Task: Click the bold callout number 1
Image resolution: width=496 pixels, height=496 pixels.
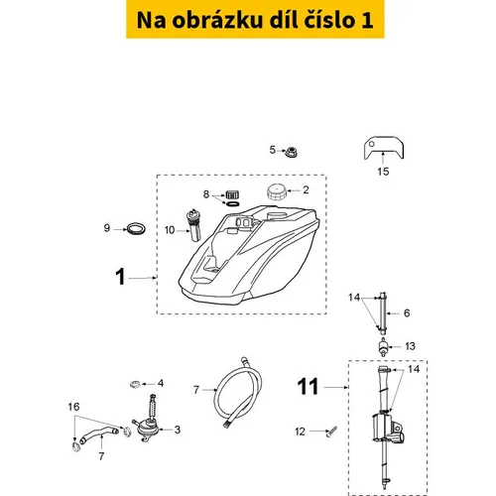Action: point(120,277)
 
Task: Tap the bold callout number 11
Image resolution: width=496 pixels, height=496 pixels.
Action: point(308,386)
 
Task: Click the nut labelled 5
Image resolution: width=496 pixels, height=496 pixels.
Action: point(292,152)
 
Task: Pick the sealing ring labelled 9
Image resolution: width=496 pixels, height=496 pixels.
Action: point(136,229)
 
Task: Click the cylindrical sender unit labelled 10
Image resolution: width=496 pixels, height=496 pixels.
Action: point(193,225)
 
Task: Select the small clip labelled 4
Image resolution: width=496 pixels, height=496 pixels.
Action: point(135,384)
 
